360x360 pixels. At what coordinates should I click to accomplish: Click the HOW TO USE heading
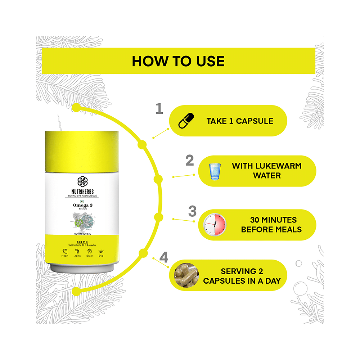coord(178,61)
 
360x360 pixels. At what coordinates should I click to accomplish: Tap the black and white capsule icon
coord(186,121)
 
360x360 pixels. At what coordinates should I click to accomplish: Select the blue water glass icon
coord(215,171)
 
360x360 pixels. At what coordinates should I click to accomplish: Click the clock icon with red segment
coord(215,225)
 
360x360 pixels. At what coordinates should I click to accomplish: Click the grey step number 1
coord(159,109)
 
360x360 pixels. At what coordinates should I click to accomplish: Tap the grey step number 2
coord(190,161)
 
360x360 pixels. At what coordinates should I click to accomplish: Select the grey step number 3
coord(193,212)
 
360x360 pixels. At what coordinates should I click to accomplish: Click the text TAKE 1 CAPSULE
coord(239,121)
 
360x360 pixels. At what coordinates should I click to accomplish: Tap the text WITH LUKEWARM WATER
coord(266,171)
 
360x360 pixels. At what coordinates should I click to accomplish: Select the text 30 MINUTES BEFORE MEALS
coord(271,225)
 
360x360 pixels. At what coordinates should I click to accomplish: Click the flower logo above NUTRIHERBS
coord(82,181)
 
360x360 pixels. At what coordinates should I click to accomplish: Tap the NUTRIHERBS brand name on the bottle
coord(82,191)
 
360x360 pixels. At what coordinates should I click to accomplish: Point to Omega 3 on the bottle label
coord(82,205)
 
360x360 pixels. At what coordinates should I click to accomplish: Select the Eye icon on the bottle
coord(101,251)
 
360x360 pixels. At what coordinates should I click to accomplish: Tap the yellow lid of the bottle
coord(82,151)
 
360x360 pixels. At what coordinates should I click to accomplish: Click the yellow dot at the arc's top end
coord(76,107)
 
